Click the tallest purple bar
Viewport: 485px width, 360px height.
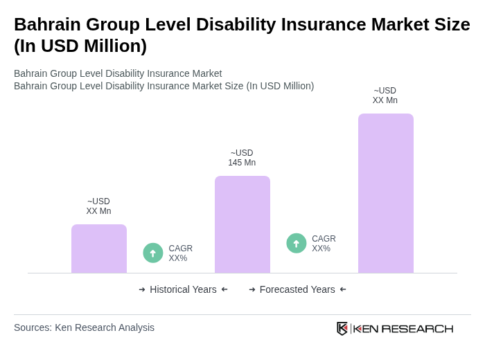pyautogui.click(x=385, y=193)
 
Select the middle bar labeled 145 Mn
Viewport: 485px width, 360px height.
pyautogui.click(x=242, y=224)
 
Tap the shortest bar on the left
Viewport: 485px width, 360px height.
pyautogui.click(x=98, y=249)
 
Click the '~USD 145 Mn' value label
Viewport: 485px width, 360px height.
pyautogui.click(x=242, y=158)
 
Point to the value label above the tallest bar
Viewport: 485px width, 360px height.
pyautogui.click(x=385, y=96)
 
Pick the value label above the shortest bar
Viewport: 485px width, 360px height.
pyautogui.click(x=98, y=206)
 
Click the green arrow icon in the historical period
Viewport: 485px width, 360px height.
pyautogui.click(x=153, y=253)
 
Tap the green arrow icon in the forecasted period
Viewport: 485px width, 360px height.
pyautogui.click(x=297, y=244)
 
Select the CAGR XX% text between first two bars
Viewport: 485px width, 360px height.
pyautogui.click(x=180, y=253)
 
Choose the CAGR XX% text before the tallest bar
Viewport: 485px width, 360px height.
pyautogui.click(x=324, y=244)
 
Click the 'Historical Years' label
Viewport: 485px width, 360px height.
pyautogui.click(x=183, y=289)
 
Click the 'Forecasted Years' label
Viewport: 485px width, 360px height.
pyautogui.click(x=297, y=289)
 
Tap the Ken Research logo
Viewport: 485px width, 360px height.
pyautogui.click(x=395, y=328)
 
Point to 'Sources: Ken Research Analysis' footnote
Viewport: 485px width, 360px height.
pyautogui.click(x=84, y=327)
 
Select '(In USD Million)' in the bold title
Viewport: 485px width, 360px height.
pyautogui.click(x=80, y=46)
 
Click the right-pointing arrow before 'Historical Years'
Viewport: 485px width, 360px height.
pyautogui.click(x=142, y=289)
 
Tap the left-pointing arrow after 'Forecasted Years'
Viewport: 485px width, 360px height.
pyautogui.click(x=343, y=289)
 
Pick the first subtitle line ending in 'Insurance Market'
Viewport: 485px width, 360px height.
pyautogui.click(x=118, y=73)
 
